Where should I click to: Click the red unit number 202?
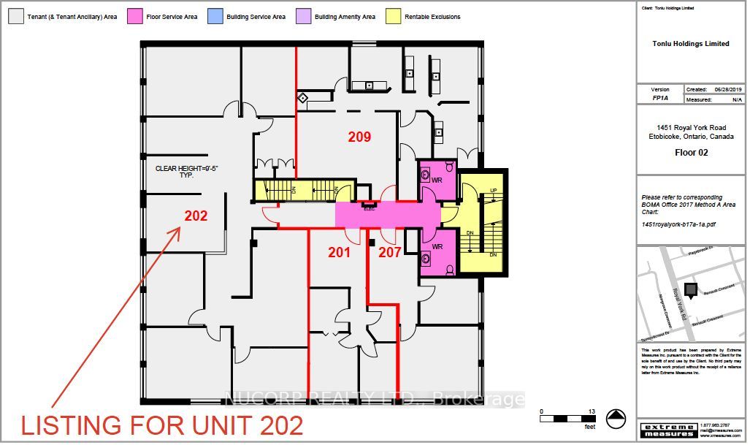tap(196, 216)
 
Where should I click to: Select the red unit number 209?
tap(359, 137)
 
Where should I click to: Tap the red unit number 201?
tap(339, 253)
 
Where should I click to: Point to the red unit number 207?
tap(390, 253)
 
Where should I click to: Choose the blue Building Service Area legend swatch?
tap(215, 16)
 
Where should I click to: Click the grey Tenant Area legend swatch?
tap(15, 16)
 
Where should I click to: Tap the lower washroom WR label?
tap(437, 247)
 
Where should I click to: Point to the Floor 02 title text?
tap(691, 153)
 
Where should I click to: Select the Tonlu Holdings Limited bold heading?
tap(691, 44)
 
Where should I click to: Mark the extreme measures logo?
tap(667, 430)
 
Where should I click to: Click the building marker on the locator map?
tap(690, 289)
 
